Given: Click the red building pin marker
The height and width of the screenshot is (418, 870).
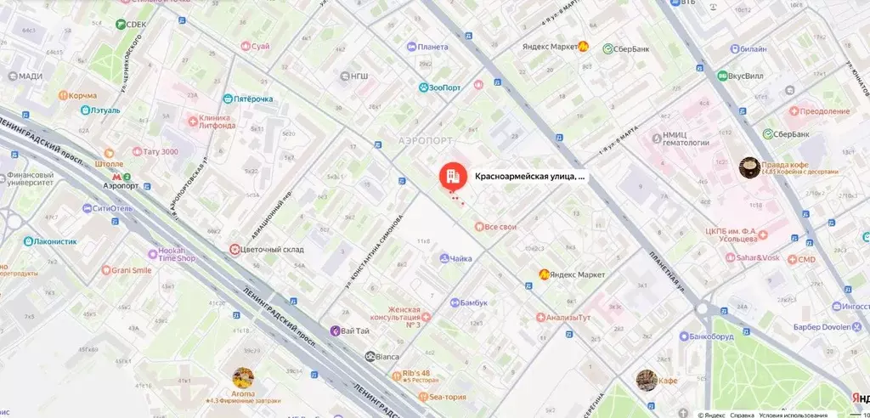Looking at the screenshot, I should [x=451, y=176].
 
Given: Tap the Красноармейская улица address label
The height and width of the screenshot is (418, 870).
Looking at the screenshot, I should [x=529, y=177].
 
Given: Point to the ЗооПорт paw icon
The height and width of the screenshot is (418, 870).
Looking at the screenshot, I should [x=422, y=87].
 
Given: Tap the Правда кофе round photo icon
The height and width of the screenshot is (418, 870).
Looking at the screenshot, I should [x=749, y=167].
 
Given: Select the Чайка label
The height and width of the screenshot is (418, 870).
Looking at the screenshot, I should [x=461, y=258].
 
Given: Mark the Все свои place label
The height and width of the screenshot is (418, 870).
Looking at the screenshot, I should [x=500, y=227].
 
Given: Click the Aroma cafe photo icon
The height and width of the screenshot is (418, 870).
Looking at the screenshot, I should [x=243, y=378].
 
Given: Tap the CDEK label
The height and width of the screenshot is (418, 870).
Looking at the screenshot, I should [x=136, y=25].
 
